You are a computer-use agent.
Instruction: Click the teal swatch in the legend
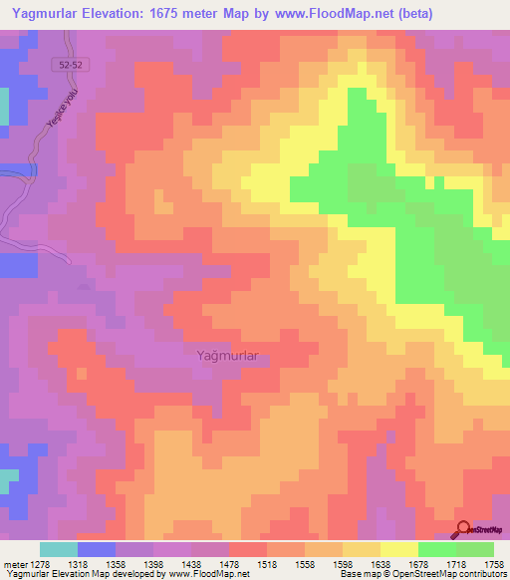58,549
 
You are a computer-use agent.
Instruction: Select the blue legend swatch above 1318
97,549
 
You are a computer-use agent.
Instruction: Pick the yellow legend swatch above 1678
398,549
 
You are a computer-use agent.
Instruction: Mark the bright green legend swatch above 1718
436,549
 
